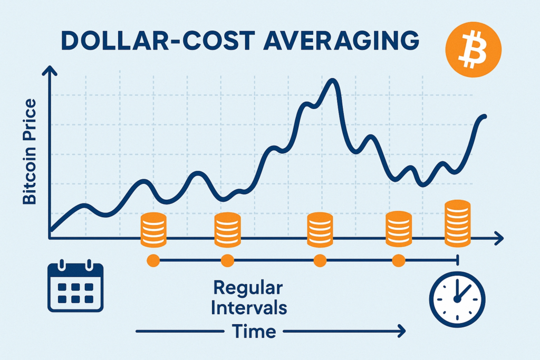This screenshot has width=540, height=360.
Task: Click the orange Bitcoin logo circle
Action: [473, 49]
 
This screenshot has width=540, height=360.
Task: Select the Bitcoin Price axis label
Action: [30, 152]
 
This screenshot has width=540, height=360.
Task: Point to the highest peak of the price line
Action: [333, 81]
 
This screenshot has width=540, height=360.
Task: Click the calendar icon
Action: [75, 286]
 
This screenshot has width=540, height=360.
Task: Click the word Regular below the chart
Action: [248, 288]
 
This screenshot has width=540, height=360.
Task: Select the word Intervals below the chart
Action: [249, 307]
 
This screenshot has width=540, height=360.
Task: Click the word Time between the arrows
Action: [254, 331]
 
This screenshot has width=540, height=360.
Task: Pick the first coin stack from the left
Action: [153, 230]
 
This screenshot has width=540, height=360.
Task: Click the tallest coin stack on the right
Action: [457, 223]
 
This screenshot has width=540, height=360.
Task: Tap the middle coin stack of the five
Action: [320, 230]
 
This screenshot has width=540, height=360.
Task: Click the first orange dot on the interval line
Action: [153, 260]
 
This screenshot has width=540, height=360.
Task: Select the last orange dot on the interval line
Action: [399, 260]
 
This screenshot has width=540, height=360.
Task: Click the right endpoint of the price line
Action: [485, 116]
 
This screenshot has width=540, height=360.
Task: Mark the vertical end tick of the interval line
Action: [457, 260]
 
